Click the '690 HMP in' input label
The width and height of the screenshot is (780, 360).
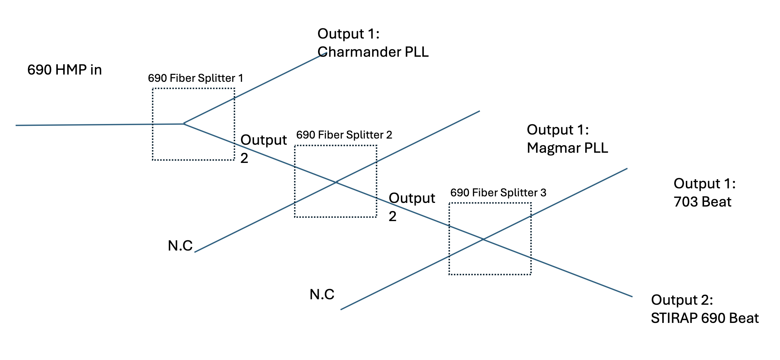coord(64,70)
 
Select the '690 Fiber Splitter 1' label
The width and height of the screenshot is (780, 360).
coord(195,78)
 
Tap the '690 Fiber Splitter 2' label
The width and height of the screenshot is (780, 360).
coord(344,135)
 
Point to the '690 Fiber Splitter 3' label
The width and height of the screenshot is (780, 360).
coord(498,193)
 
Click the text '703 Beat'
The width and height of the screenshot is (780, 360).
coord(702,202)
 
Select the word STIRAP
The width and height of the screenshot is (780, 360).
coord(674,318)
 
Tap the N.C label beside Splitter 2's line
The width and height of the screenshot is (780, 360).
coord(180,246)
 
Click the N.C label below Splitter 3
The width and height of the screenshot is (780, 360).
coord(322,295)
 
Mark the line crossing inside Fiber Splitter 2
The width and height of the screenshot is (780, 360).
coord(337,182)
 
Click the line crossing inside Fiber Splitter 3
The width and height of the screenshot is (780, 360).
coord(483,239)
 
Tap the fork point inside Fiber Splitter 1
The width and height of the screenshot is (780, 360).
coord(184,124)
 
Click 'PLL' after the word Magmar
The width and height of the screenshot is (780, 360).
coord(596,148)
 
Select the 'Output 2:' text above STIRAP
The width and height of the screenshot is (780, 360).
coord(682,300)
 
